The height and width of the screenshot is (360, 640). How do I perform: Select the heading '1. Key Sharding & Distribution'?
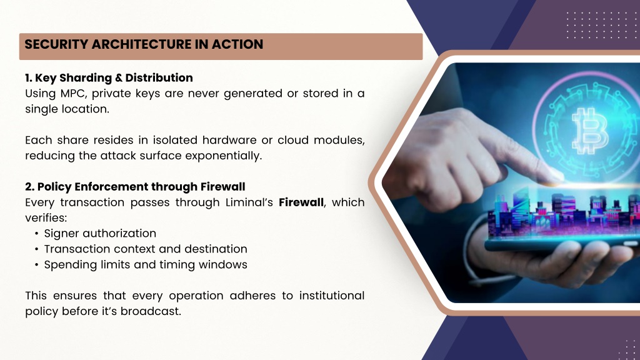click(x=109, y=77)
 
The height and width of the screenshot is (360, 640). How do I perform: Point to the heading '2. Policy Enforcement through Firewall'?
click(x=135, y=186)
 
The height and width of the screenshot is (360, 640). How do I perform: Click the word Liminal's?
click(x=249, y=202)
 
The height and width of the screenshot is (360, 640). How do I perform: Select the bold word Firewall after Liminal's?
click(x=301, y=202)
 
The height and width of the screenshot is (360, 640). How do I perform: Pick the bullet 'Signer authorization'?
click(x=100, y=234)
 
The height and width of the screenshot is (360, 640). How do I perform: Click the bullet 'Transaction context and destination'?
click(x=146, y=249)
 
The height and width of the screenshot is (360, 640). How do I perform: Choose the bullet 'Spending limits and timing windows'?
click(x=146, y=264)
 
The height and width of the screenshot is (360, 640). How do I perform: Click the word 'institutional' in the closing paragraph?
click(x=331, y=296)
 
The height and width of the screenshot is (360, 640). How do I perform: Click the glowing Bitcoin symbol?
click(x=590, y=131)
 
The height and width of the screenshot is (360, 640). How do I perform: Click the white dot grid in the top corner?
click(x=597, y=25)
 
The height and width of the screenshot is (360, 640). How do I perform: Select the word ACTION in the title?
click(x=237, y=44)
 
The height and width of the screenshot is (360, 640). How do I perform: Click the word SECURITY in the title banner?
click(x=56, y=44)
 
